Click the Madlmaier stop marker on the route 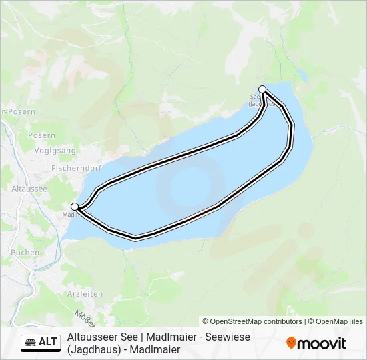coord(75,207)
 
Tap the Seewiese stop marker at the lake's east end coord(262,89)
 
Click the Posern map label coord(41,135)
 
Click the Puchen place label coord(25,253)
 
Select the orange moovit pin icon coord(291,343)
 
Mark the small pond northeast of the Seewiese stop coord(304,73)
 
